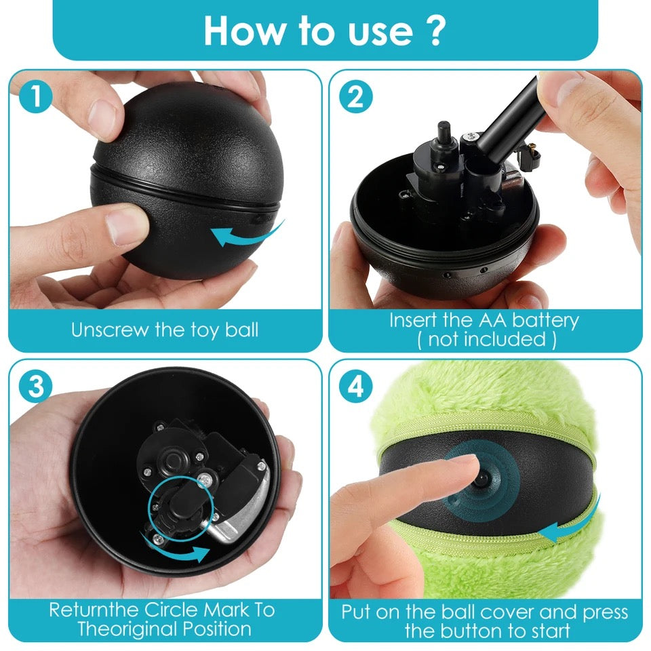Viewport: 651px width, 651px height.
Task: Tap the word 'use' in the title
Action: (376, 31)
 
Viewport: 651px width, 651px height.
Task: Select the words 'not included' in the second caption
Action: (487, 340)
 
